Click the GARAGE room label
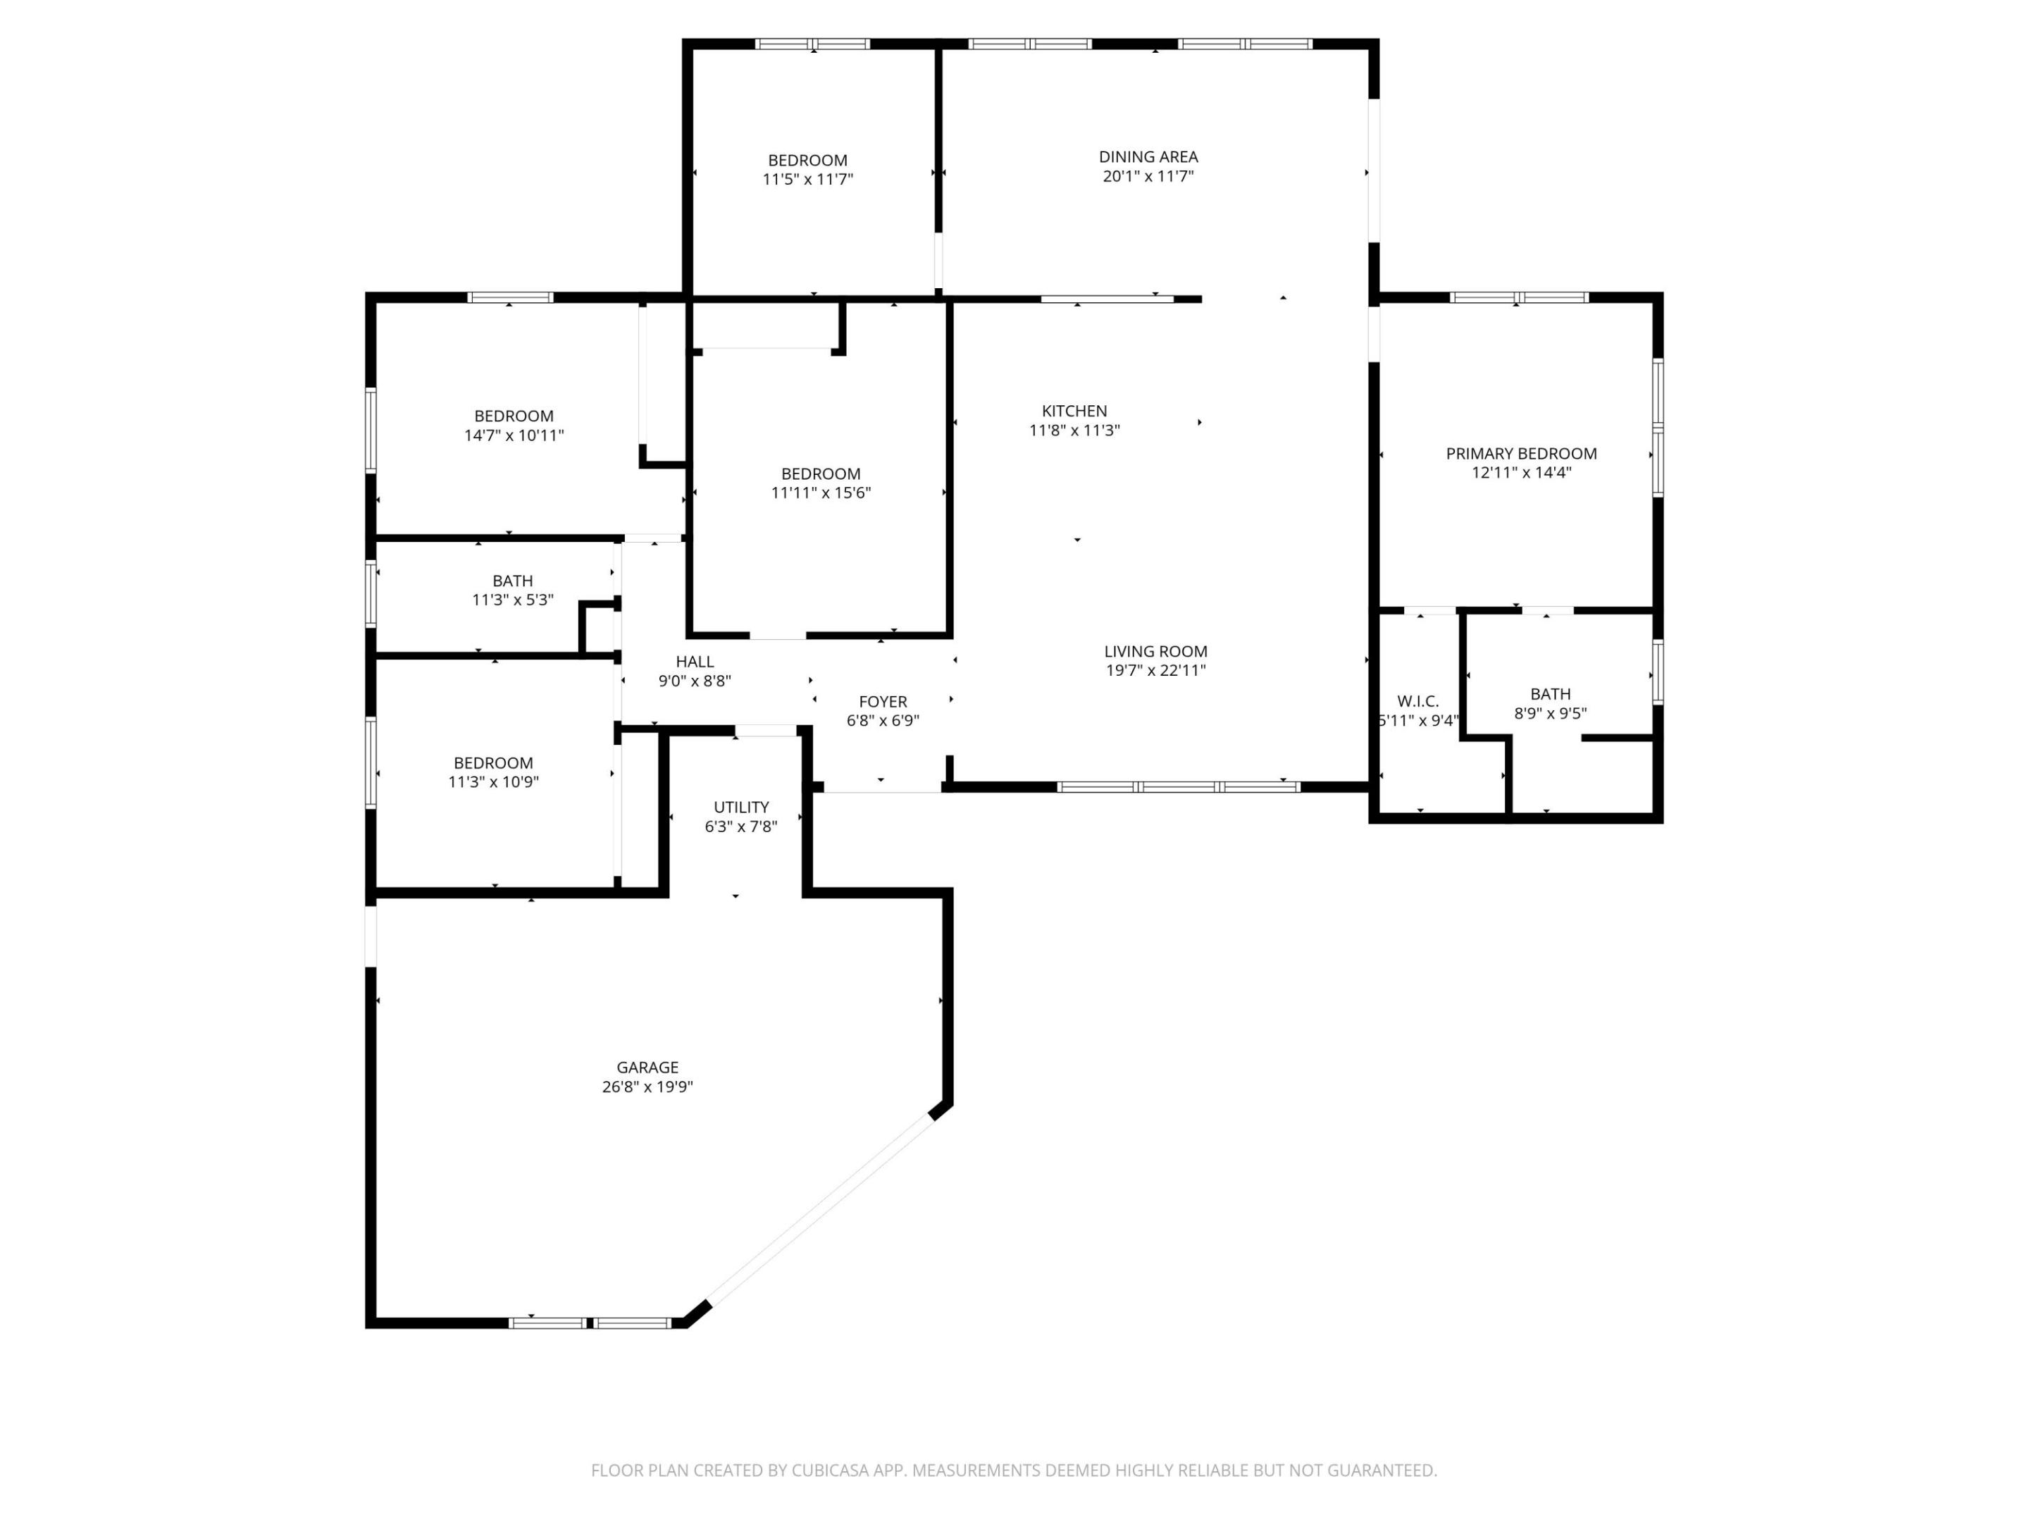647,1067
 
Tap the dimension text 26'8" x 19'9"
647,1087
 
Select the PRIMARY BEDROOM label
1521,453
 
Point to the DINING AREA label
1148,157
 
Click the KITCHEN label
1074,411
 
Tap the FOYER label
883,702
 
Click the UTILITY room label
740,808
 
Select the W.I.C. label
1417,702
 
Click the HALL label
695,662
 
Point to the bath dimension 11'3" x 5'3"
512,600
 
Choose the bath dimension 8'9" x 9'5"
1549,714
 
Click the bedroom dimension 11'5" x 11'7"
807,180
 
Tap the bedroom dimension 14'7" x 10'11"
514,435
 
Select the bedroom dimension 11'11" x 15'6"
820,493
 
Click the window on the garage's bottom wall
590,1323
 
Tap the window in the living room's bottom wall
1178,787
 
